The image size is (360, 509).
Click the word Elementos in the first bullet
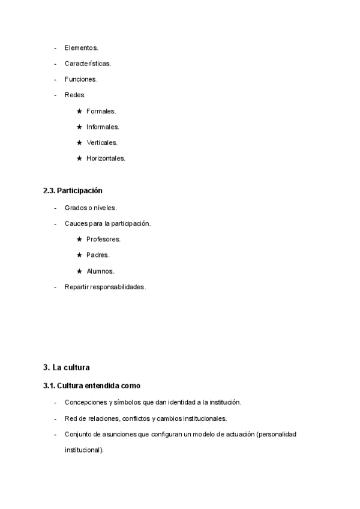tap(80, 47)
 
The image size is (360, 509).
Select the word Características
tap(87, 63)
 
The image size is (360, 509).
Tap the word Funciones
tap(80, 79)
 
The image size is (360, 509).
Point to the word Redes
tap(74, 95)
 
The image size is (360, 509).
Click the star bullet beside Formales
tap(79, 111)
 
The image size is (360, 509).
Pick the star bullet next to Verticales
tap(79, 143)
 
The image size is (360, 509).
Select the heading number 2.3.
tap(49, 191)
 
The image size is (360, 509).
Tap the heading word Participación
tap(80, 191)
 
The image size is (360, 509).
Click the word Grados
tap(76, 208)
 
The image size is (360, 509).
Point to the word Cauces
tap(76, 223)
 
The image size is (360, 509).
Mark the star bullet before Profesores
tap(79, 239)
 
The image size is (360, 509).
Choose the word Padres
tap(97, 255)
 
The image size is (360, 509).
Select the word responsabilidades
tap(118, 287)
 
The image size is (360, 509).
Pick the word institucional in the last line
tap(83, 450)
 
